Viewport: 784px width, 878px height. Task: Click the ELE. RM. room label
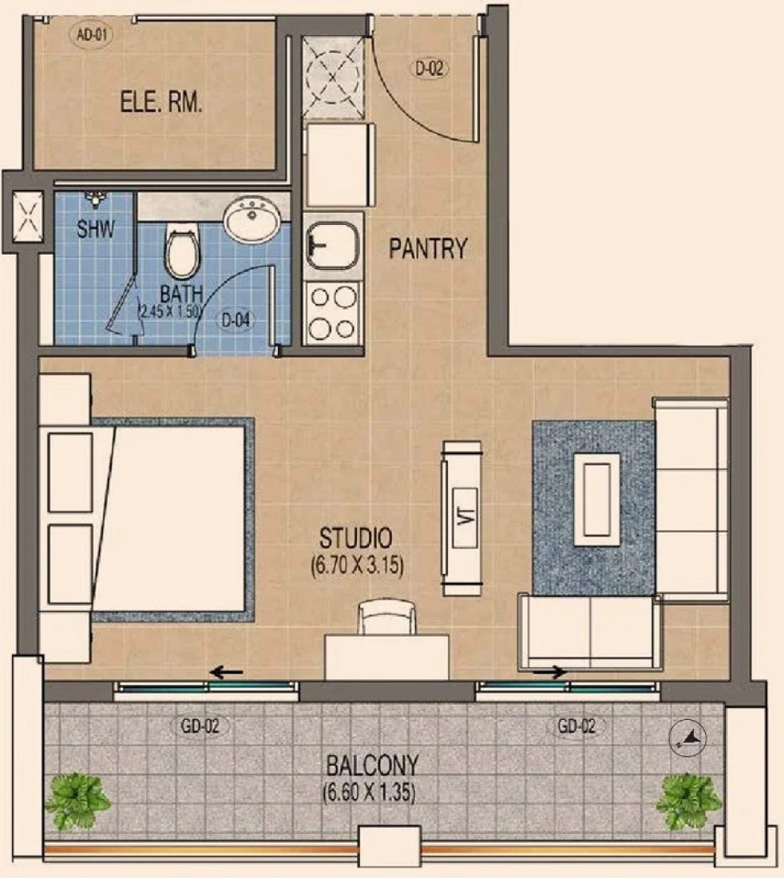tap(161, 102)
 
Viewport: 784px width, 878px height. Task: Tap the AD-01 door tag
tap(91, 34)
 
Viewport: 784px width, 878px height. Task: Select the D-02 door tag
tap(430, 69)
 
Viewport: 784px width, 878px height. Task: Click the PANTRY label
tap(429, 248)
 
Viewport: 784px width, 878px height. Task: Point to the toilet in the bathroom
tap(182, 251)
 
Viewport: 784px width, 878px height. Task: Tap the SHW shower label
tap(96, 228)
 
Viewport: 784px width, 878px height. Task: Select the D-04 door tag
tap(236, 320)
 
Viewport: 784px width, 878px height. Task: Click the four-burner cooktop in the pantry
tap(333, 313)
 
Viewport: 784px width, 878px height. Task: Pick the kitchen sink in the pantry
tap(333, 245)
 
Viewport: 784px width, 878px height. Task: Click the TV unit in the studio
tap(462, 518)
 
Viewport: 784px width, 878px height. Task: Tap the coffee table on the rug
tap(597, 500)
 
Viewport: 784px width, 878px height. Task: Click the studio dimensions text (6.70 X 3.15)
tap(358, 566)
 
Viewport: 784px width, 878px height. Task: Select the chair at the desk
tap(387, 618)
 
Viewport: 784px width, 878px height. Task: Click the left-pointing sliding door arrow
tap(226, 672)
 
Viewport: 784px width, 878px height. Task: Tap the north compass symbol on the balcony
tap(687, 738)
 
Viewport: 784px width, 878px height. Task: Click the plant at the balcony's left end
tap(77, 801)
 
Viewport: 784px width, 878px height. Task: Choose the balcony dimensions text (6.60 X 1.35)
tap(369, 793)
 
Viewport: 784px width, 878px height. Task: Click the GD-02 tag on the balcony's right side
tap(576, 726)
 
